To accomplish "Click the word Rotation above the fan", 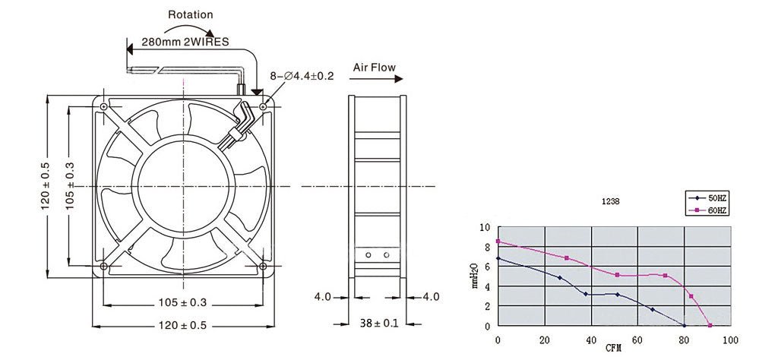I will [x=190, y=14].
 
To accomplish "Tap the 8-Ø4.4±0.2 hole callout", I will [x=302, y=76].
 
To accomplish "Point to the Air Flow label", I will [x=374, y=68].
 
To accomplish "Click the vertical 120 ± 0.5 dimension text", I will [x=46, y=186].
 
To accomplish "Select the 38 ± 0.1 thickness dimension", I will [x=378, y=324].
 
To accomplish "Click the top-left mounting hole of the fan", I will [x=103, y=107].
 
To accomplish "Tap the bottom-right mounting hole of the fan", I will [x=263, y=267].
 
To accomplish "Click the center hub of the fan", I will [x=182, y=186].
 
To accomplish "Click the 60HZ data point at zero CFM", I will [x=498, y=242].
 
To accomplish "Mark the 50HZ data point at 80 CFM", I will [x=684, y=326].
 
